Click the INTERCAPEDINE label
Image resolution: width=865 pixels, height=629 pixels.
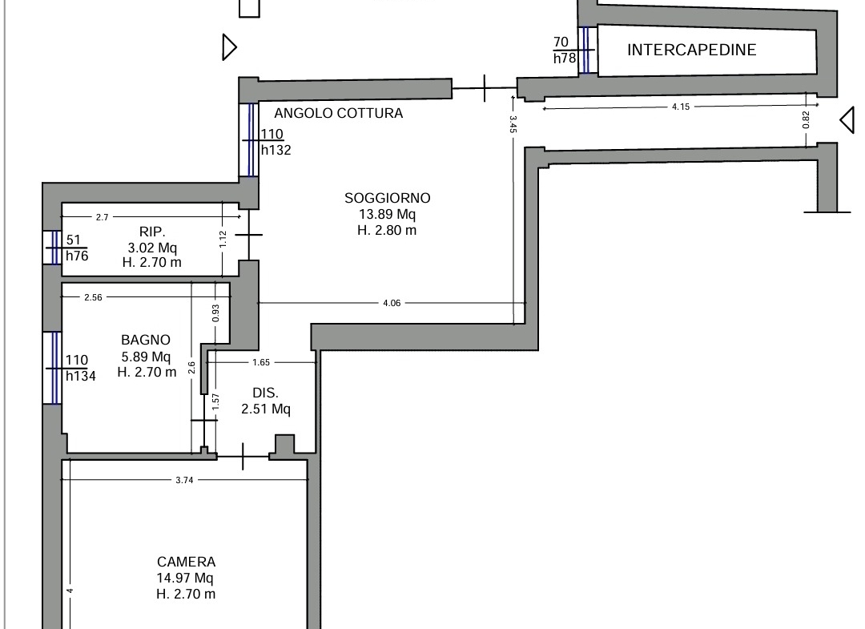(x=691, y=50)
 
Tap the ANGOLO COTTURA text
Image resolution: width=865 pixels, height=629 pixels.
(x=338, y=113)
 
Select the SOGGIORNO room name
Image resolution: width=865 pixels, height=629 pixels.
(x=388, y=198)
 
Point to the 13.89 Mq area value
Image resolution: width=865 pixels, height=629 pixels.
(x=388, y=214)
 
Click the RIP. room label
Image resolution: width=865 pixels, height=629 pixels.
(x=152, y=232)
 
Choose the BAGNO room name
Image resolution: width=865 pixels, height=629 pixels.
(x=146, y=340)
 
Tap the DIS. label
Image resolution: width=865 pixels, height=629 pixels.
(x=265, y=393)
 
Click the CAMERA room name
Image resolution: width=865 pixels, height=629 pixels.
(x=186, y=562)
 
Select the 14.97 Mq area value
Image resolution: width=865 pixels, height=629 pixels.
(x=185, y=578)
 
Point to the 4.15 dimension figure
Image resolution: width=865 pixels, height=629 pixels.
(x=681, y=107)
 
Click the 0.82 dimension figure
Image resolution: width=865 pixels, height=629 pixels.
(x=806, y=119)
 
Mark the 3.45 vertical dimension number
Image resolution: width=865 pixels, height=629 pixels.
(x=513, y=124)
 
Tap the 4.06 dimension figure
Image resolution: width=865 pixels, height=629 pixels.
(x=392, y=303)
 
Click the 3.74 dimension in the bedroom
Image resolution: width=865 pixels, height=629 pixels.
(x=184, y=480)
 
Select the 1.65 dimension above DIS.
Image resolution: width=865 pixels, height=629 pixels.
(x=261, y=362)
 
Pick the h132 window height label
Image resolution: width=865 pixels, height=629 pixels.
(x=276, y=150)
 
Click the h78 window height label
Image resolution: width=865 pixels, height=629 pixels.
(x=565, y=58)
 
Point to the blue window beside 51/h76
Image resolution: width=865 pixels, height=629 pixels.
(x=54, y=248)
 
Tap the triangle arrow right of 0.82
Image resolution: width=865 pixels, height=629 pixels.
(x=847, y=119)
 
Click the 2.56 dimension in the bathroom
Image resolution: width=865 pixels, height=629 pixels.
(x=93, y=297)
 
